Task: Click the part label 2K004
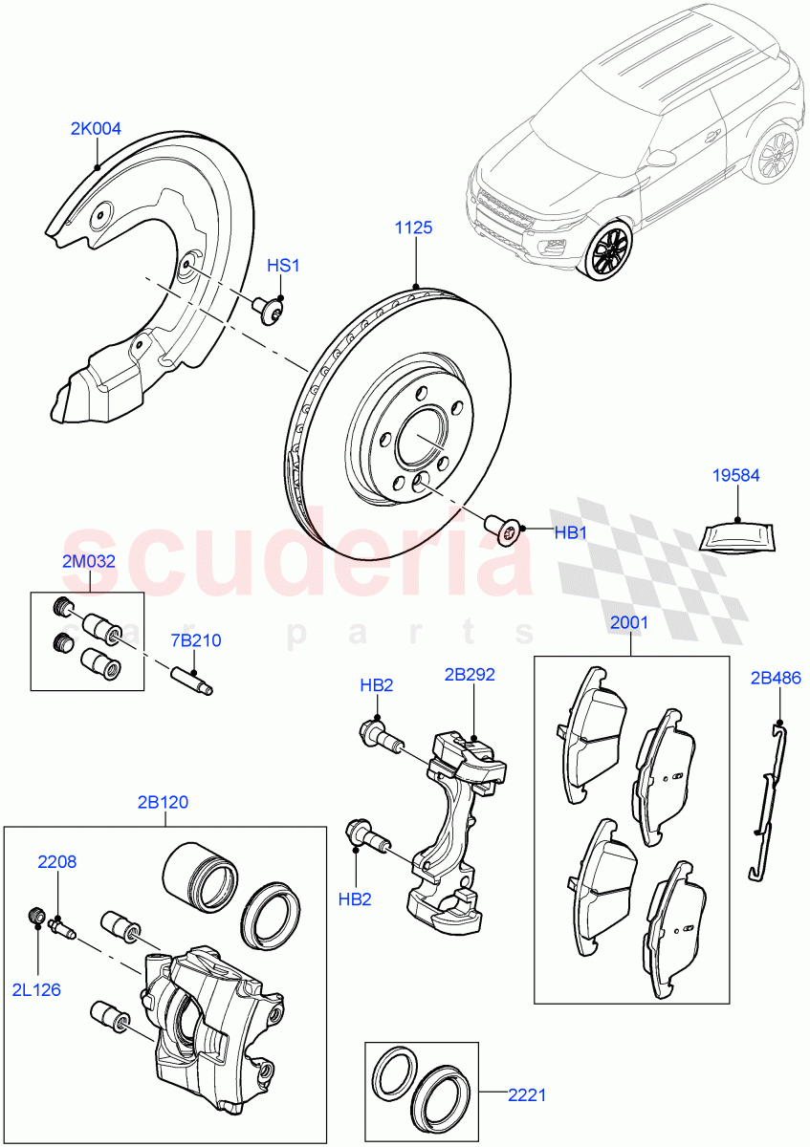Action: [x=96, y=128]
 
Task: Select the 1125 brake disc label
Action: [x=415, y=227]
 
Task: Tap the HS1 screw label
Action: [x=283, y=266]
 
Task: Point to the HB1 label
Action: [x=571, y=532]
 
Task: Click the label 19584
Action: [x=735, y=475]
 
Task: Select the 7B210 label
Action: [x=196, y=640]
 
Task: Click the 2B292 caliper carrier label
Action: [x=470, y=674]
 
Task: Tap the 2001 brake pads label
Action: [x=629, y=622]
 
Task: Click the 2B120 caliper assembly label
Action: [x=163, y=802]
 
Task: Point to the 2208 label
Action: [x=57, y=861]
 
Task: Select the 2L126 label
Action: [x=37, y=989]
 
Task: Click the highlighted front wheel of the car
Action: [x=609, y=251]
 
